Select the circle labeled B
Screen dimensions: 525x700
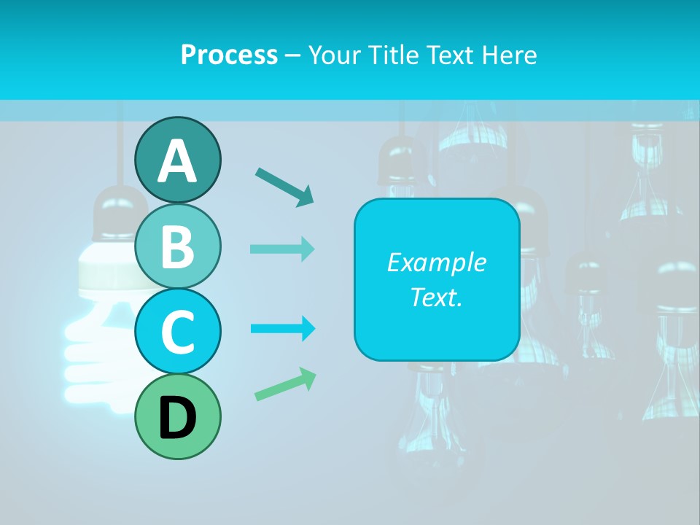(x=177, y=246)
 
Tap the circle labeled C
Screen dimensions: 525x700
(x=177, y=332)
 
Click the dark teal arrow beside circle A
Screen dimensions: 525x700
(x=284, y=187)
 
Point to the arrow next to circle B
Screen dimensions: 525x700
(x=282, y=249)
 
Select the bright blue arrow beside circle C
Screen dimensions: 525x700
(x=283, y=328)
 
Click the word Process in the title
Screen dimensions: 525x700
(x=229, y=55)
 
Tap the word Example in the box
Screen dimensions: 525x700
(x=436, y=262)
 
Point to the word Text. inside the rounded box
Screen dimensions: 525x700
(x=436, y=297)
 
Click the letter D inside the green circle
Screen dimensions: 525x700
(x=177, y=419)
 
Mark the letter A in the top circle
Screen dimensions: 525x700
(x=177, y=160)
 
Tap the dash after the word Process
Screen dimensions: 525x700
(x=293, y=56)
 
